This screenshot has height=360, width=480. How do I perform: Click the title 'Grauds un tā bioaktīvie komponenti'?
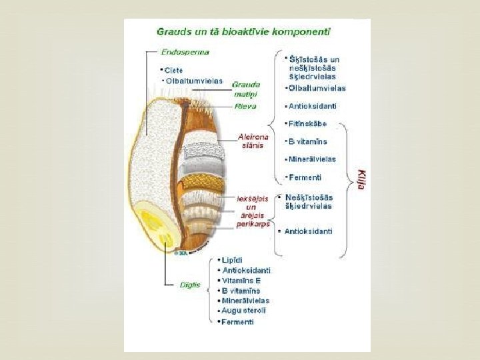pos(243,31)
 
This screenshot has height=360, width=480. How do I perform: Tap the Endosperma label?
pos(185,51)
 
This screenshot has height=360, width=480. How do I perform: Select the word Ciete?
pos(174,70)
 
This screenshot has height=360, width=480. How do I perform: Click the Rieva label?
pos(245,107)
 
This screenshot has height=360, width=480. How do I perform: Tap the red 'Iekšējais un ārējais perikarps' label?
pos(253,211)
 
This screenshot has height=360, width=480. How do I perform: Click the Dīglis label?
pos(191,285)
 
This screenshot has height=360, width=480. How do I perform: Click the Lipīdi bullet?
pos(232,259)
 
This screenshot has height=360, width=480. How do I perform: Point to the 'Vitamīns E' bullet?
pos(241,281)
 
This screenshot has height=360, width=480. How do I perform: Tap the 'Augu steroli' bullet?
pos(243,311)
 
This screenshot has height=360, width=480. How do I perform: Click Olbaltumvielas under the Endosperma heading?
pos(194,81)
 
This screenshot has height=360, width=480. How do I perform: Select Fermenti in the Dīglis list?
pos(237,322)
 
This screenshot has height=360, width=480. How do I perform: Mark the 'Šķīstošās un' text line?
pos(313,59)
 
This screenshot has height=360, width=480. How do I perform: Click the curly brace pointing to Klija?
pos(349,180)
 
